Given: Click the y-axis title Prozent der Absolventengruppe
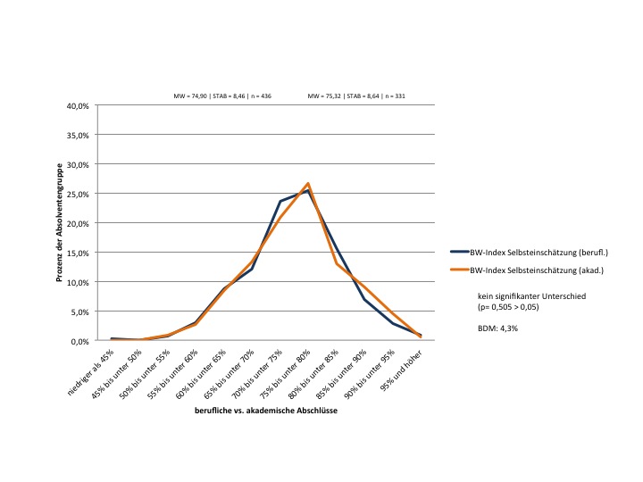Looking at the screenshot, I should click(59, 223).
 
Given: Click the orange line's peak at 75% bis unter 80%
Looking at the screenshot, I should click(307, 184).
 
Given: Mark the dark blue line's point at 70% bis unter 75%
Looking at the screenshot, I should click(280, 202).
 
